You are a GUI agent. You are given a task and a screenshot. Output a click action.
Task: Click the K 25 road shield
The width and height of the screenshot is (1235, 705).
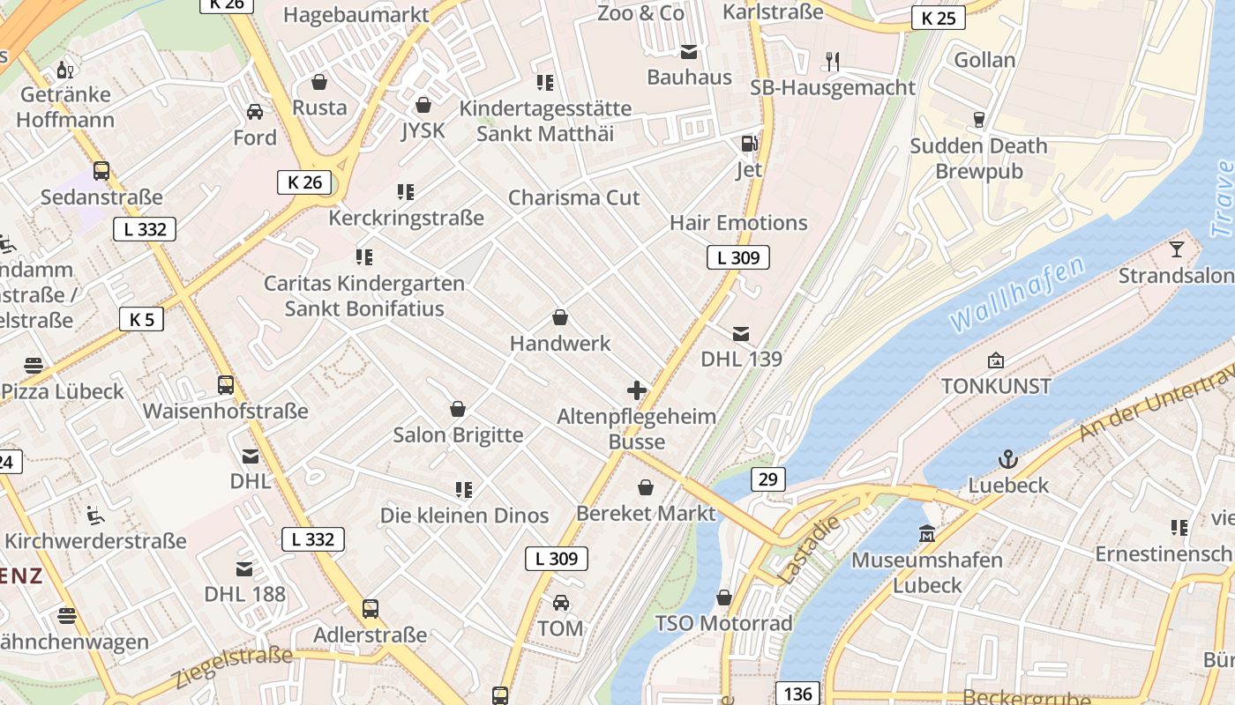(x=938, y=18)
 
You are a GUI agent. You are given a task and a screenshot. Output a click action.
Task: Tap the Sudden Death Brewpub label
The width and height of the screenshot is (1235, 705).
(x=978, y=159)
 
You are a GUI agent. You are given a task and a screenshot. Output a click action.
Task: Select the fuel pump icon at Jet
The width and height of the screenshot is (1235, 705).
(x=749, y=143)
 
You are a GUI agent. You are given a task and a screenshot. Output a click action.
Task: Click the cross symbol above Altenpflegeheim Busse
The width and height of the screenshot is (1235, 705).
(x=637, y=390)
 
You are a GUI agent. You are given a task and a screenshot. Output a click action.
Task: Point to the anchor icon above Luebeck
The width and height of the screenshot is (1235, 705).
(x=1007, y=459)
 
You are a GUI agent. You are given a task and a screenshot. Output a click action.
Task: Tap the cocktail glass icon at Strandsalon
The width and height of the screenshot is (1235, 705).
(x=1176, y=249)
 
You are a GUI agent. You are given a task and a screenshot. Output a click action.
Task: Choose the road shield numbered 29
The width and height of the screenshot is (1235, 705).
(x=768, y=479)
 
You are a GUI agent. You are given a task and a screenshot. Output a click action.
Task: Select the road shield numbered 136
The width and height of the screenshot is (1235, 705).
(x=797, y=694)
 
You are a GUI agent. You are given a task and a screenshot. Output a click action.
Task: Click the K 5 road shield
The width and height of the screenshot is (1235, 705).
(x=141, y=319)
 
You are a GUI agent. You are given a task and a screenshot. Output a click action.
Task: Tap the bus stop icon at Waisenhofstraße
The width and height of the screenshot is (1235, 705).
(x=226, y=385)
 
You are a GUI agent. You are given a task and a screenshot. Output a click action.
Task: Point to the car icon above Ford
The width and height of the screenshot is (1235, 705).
(x=255, y=112)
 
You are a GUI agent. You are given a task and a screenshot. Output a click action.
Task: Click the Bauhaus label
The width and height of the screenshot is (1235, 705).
(x=689, y=77)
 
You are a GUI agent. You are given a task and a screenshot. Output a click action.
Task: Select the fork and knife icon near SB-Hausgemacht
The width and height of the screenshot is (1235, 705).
(x=832, y=61)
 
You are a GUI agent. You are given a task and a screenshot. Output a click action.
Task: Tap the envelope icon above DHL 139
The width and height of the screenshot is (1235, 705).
(x=741, y=333)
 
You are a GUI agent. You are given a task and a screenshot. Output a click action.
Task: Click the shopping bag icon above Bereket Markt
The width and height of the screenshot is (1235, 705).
(x=646, y=487)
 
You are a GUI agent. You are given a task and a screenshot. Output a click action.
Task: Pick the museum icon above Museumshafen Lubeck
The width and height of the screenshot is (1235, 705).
(x=926, y=534)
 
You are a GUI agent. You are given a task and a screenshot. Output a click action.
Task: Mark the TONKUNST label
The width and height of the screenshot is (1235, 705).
(x=996, y=386)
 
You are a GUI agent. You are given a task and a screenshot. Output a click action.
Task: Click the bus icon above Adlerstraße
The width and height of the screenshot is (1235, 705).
(x=370, y=609)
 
